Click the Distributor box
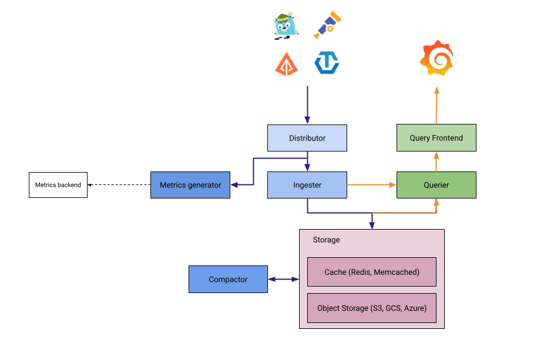pyautogui.click(x=307, y=138)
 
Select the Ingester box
pyautogui.click(x=307, y=185)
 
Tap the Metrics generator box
pyautogui.click(x=190, y=185)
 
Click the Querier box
pyautogui.click(x=436, y=185)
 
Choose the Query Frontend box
pyautogui.click(x=436, y=138)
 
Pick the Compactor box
pyautogui.click(x=228, y=279)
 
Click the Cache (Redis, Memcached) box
pyautogui.click(x=372, y=272)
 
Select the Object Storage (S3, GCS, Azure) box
pyautogui.click(x=372, y=308)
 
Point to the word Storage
pyautogui.click(x=326, y=240)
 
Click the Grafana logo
pyautogui.click(x=437, y=59)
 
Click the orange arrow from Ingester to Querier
pyautogui.click(x=371, y=185)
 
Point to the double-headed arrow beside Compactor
pyautogui.click(x=283, y=279)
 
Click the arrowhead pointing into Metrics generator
pyautogui.click(x=234, y=185)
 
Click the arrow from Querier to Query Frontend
pyautogui.click(x=437, y=162)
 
